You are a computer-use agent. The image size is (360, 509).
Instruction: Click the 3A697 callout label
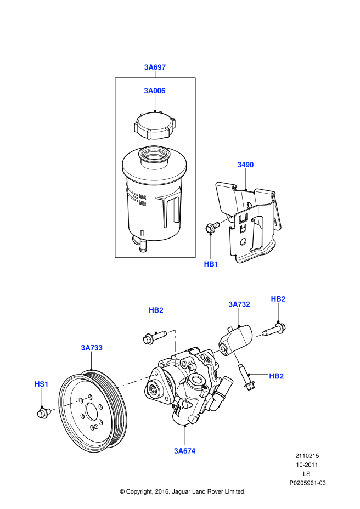[x=155, y=67]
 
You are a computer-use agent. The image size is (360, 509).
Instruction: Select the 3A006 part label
[x=155, y=91]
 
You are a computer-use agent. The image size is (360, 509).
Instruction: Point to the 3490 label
[x=245, y=165]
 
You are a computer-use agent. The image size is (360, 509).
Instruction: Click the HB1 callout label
[x=211, y=264]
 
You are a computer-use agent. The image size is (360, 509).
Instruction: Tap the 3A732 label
[x=239, y=304]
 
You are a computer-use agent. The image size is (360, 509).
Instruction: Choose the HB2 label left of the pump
[x=156, y=310]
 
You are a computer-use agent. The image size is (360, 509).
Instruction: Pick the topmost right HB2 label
[x=278, y=299]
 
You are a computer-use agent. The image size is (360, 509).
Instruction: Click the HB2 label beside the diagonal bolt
[x=276, y=376]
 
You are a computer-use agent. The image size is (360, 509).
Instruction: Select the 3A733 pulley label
[x=92, y=348]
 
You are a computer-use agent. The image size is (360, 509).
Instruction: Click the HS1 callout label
[x=42, y=384]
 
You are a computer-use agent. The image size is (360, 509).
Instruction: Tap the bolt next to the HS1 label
[x=42, y=412]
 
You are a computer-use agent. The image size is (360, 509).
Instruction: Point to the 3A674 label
[x=185, y=451]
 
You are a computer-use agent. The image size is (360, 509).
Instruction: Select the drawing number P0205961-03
[x=307, y=483]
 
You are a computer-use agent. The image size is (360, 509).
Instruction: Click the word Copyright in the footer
[x=140, y=491]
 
